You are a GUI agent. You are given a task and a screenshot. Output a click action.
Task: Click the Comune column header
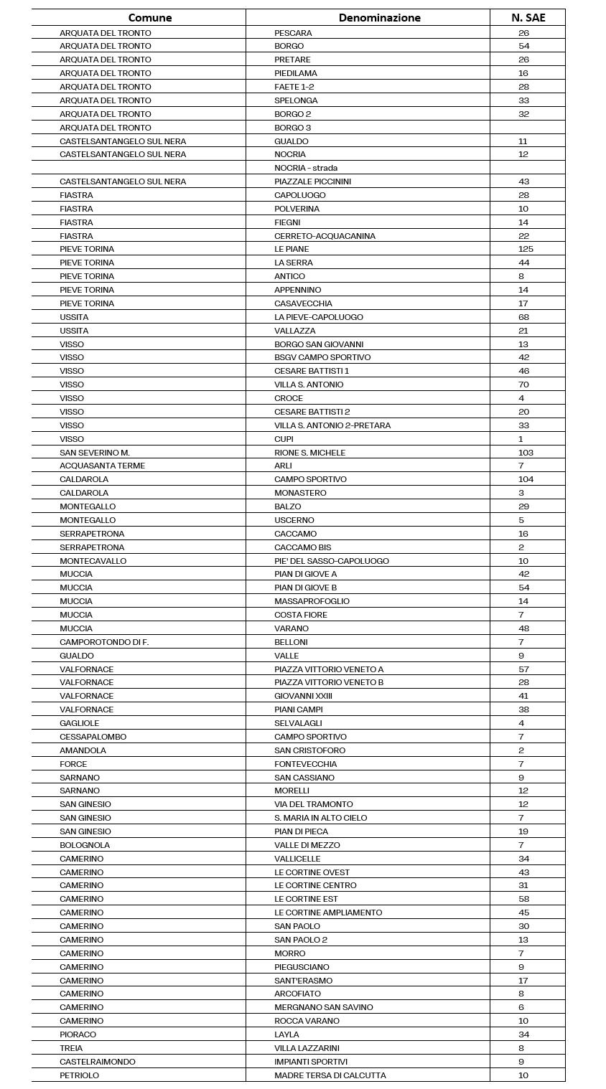[150, 17]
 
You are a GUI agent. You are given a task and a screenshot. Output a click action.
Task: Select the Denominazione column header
[379, 17]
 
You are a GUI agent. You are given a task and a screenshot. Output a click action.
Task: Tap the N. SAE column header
[528, 17]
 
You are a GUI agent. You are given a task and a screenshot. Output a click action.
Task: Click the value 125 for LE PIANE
[526, 249]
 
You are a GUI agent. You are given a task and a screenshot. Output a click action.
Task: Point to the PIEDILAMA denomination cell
[295, 73]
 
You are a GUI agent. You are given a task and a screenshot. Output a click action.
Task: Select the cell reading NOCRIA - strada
[306, 168]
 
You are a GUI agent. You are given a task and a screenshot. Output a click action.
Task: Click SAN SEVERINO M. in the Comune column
[94, 453]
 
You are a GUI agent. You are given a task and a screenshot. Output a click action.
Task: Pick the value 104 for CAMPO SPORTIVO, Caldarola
[526, 479]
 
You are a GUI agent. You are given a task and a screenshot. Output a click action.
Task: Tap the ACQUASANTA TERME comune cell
[102, 466]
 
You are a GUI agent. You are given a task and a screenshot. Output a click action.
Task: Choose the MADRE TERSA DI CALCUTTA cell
[330, 1075]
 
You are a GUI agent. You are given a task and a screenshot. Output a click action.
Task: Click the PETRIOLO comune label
[79, 1075]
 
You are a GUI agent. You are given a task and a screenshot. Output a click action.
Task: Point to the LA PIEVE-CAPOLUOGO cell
[318, 317]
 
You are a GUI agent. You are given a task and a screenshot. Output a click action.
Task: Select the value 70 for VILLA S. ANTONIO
[523, 385]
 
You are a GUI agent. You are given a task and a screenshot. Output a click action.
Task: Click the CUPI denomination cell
[284, 439]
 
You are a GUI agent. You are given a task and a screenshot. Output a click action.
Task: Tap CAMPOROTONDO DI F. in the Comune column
[104, 642]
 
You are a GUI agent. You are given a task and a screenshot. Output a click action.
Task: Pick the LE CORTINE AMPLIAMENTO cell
[328, 913]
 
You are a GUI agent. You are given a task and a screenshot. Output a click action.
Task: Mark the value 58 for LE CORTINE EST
[523, 899]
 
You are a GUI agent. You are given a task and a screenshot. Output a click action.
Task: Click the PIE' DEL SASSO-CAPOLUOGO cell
[331, 561]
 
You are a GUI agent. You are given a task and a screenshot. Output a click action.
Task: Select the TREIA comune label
[71, 1048]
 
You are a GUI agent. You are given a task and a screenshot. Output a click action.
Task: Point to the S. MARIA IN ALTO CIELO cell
[320, 818]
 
